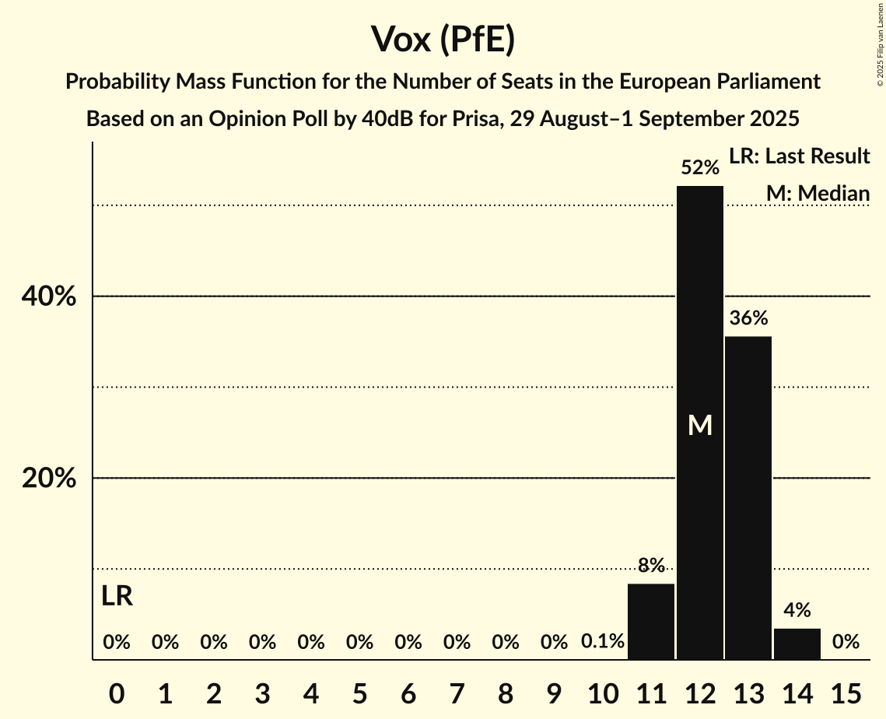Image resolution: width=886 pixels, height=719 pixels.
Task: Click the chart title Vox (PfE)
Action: click(443, 39)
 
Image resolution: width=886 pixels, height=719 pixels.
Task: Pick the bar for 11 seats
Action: click(651, 622)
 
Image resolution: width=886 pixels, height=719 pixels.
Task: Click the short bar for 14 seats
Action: click(797, 644)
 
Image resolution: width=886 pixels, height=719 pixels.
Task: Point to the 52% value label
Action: click(700, 167)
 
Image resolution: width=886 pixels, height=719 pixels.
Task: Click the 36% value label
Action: click(748, 318)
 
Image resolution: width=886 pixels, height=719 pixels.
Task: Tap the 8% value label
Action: click(651, 566)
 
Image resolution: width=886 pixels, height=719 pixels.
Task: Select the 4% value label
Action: click(797, 610)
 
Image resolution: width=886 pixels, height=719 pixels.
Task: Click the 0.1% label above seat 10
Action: click(603, 642)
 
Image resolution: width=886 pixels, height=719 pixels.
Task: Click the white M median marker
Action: click(700, 425)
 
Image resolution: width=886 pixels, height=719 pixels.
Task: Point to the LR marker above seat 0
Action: click(117, 597)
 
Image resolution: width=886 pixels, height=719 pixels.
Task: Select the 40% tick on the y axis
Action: click(49, 296)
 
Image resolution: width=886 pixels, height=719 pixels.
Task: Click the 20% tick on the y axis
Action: click(49, 479)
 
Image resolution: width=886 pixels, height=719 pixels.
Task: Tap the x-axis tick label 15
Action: click(846, 691)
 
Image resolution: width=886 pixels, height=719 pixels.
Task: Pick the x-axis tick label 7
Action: click(457, 691)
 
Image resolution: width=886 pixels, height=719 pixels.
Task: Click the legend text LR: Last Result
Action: click(799, 156)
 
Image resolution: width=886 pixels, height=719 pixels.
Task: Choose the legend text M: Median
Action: click(818, 193)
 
